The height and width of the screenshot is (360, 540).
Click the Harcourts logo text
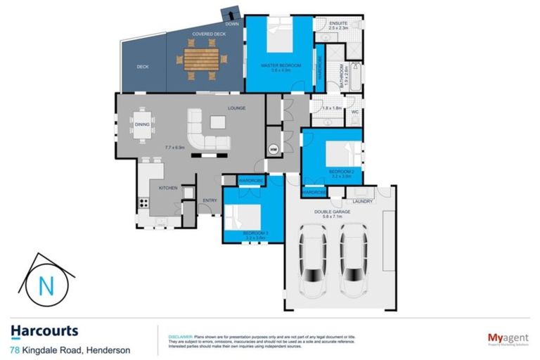coord(44,330)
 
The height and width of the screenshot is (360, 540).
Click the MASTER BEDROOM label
coord(281,65)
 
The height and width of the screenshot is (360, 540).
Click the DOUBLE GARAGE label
coord(342,211)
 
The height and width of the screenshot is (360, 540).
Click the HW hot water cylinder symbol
coord(274,149)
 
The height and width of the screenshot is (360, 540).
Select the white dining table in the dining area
coord(142,124)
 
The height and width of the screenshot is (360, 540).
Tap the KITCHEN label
coord(167,188)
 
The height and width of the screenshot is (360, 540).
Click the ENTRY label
coord(210,201)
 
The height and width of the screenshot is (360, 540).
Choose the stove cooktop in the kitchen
coord(143,203)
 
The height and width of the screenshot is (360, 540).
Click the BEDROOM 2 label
coord(340,171)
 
